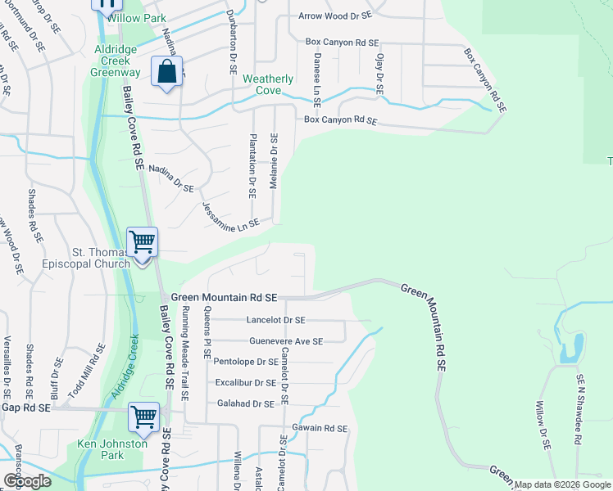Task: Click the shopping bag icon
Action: (166, 71)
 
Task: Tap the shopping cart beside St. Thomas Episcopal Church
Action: (142, 242)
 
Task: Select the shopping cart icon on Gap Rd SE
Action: (143, 417)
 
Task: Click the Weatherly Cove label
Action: (268, 84)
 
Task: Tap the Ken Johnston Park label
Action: (111, 449)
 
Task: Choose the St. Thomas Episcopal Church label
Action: (89, 258)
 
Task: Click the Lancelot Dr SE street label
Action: (275, 321)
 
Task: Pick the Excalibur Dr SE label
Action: (243, 383)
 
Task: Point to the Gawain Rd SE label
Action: (320, 428)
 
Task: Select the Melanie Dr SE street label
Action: (274, 162)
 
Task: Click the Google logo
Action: (27, 481)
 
